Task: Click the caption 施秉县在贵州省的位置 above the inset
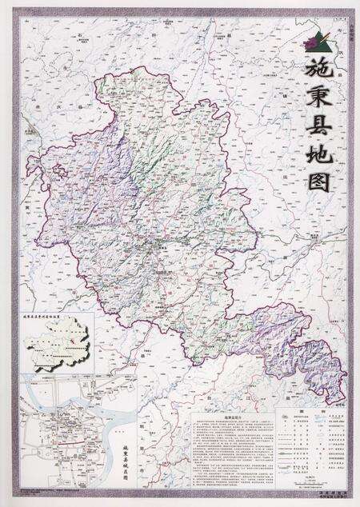51,317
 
